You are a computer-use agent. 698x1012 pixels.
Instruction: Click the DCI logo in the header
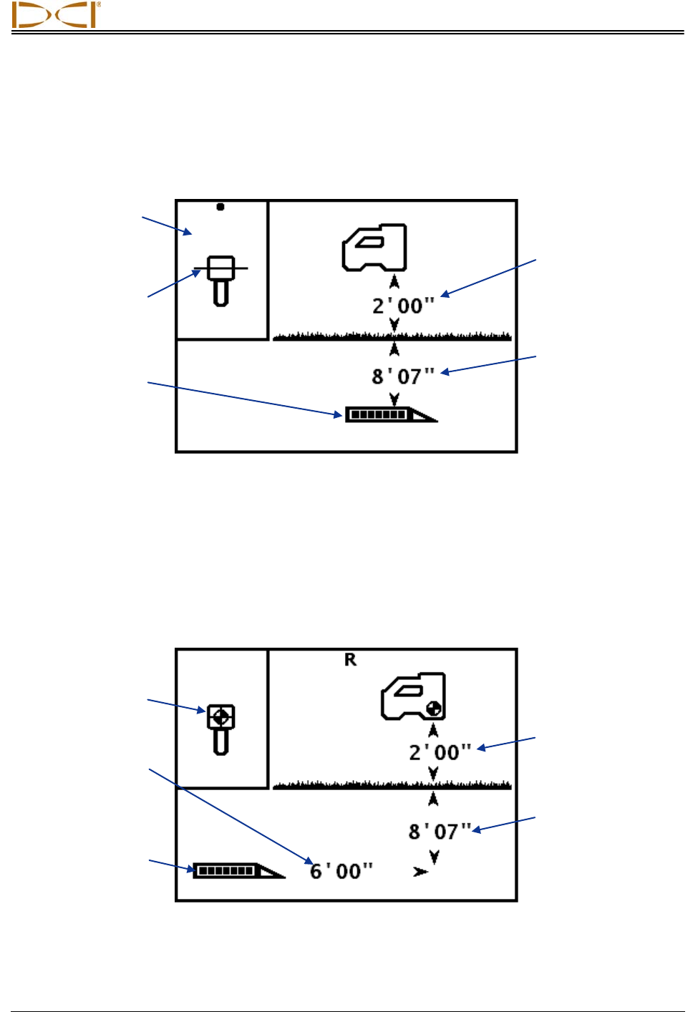tap(56, 15)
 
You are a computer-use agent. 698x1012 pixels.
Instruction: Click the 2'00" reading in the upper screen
tap(403, 306)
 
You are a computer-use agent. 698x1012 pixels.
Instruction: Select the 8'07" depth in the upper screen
tap(403, 376)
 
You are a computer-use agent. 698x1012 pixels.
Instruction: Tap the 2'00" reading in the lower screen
tap(440, 753)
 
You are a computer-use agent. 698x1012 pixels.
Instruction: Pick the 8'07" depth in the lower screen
tap(440, 832)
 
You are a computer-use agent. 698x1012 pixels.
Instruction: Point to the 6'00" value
tap(341, 871)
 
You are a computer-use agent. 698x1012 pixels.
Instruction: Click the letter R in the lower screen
tap(350, 660)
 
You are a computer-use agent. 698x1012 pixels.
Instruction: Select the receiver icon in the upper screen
tap(374, 248)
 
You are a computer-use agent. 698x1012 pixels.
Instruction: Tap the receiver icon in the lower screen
tap(413, 696)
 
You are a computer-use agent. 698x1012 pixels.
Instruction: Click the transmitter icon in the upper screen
tap(390, 414)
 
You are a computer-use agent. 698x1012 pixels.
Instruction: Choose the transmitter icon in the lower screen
tap(238, 870)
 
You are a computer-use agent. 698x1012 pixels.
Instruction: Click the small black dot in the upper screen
tap(220, 207)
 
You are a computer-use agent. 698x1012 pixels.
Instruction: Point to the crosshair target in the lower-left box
tap(221, 716)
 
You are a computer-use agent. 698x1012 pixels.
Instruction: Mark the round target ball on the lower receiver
tap(433, 709)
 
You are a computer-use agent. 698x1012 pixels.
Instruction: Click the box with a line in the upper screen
tap(221, 268)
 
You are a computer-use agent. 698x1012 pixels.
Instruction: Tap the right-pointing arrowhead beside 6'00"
tap(420, 872)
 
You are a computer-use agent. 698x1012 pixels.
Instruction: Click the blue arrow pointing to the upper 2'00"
tap(488, 277)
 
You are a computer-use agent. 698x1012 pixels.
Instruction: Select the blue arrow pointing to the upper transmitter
tap(243, 398)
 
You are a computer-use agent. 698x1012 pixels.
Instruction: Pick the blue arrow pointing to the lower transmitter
tap(172, 865)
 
